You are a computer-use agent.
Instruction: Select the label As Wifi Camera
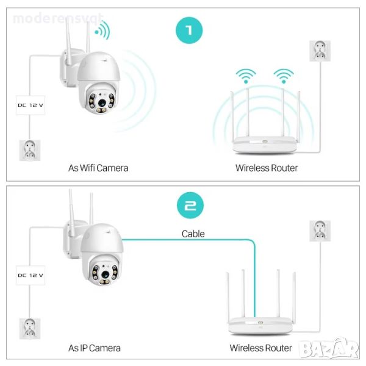(x=98, y=167)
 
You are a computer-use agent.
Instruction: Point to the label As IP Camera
(x=95, y=348)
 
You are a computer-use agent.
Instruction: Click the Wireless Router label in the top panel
(x=267, y=167)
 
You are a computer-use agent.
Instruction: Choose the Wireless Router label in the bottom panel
(x=260, y=348)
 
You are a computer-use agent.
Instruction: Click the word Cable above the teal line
(x=193, y=234)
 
